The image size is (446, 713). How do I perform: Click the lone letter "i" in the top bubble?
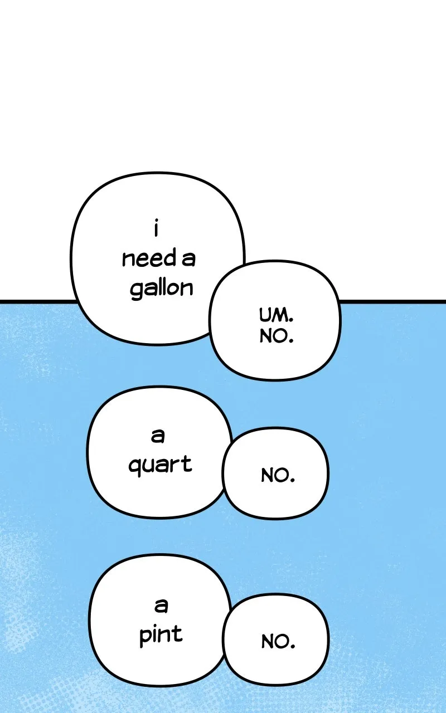point(156,227)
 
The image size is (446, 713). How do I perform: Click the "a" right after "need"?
point(188,260)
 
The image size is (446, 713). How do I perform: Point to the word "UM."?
point(276,315)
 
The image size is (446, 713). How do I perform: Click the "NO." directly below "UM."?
point(276,336)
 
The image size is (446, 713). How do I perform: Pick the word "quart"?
point(160,465)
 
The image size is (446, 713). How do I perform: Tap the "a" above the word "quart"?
point(158,436)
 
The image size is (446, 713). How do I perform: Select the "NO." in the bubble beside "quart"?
point(278,476)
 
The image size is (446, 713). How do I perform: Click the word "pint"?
point(161,635)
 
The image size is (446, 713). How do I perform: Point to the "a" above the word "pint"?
point(161,605)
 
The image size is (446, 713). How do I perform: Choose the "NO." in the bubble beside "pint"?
point(278,642)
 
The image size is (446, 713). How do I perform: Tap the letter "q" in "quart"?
point(135,468)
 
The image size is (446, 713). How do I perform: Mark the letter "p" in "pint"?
point(146,638)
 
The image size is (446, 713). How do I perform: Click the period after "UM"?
point(290,320)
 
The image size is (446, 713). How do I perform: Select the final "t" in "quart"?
point(187,464)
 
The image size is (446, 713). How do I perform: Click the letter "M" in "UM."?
point(278,315)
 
